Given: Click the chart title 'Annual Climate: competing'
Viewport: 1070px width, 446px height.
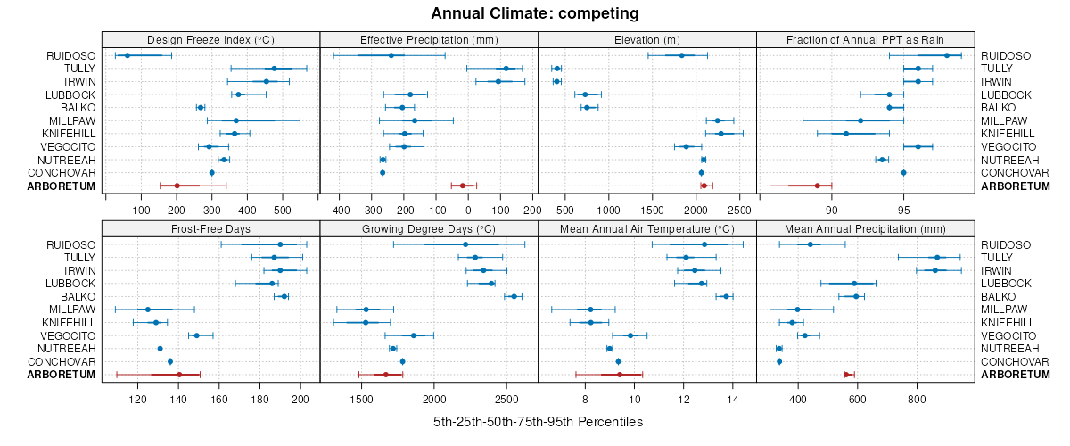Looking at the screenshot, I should [534, 13].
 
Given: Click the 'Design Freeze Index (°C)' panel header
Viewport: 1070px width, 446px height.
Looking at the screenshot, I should [210, 39].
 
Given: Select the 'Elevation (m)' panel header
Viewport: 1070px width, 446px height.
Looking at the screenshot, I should [647, 39].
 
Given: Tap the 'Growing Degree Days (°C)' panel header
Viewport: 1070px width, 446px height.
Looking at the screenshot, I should [429, 228].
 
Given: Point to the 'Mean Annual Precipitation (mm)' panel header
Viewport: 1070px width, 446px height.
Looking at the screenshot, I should [866, 228].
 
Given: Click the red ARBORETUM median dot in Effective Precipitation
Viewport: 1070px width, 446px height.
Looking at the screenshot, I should [462, 186].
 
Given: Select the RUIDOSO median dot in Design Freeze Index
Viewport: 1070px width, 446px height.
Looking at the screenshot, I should [127, 56].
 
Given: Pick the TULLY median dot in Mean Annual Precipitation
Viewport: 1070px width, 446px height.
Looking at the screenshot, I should [937, 257].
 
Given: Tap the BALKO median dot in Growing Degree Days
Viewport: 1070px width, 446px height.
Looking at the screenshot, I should [514, 296].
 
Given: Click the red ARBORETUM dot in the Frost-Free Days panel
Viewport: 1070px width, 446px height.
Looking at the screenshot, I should [179, 375].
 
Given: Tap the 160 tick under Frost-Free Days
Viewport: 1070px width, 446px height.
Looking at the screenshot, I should [219, 399].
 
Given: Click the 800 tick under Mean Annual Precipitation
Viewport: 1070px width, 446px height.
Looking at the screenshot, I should [917, 399].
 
